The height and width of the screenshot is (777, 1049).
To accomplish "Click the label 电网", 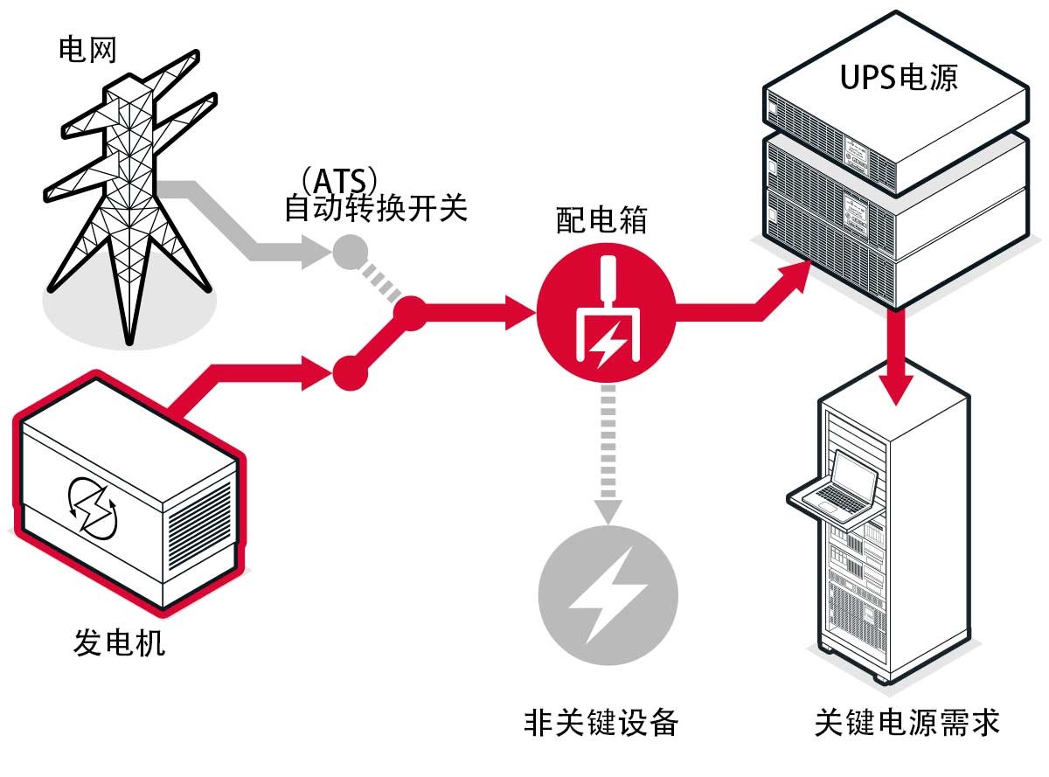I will (x=87, y=50).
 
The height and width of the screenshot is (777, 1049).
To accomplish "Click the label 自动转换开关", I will (x=376, y=211).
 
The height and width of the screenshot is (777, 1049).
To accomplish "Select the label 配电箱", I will (x=602, y=221).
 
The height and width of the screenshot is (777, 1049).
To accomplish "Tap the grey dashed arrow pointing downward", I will (x=605, y=463).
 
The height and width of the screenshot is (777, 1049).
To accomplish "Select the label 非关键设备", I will (x=601, y=722).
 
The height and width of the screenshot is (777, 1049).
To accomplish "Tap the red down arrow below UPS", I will (x=899, y=367).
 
